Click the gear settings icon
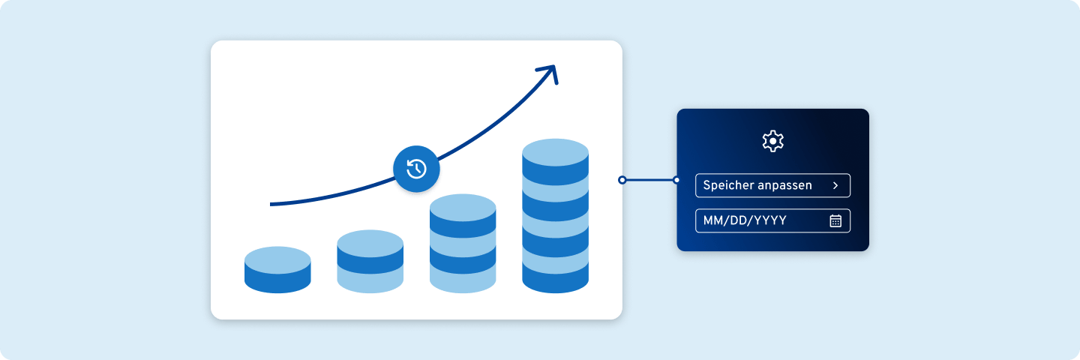772,141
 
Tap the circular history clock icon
416,169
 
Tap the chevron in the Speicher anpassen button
835,185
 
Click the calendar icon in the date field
835,220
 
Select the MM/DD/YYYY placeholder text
745,220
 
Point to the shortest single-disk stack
277,270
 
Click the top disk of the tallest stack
556,153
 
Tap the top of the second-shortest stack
370,244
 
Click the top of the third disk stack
463,208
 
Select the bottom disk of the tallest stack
556,279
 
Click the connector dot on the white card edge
622,180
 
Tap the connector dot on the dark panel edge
676,180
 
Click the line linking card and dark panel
649,180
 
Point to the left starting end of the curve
271,204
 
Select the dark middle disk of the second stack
370,262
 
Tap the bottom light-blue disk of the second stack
370,283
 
